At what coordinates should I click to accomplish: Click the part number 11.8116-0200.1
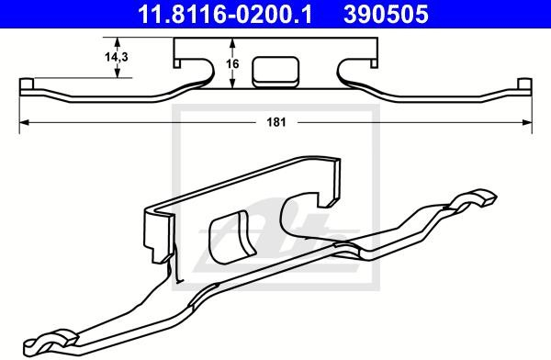coord(225,15)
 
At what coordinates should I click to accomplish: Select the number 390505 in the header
coord(386,15)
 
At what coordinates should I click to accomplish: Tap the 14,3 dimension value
coord(117,56)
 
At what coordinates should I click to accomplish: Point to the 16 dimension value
coord(232,64)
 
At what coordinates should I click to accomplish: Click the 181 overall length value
coord(276,122)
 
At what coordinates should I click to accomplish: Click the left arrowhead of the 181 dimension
coord(24,122)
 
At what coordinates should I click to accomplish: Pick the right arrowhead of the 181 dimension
coord(527,122)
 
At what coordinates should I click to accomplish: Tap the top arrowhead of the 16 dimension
coord(232,43)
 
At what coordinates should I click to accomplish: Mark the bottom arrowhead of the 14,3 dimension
coord(118,73)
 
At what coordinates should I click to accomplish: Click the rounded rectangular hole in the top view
coord(275,72)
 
